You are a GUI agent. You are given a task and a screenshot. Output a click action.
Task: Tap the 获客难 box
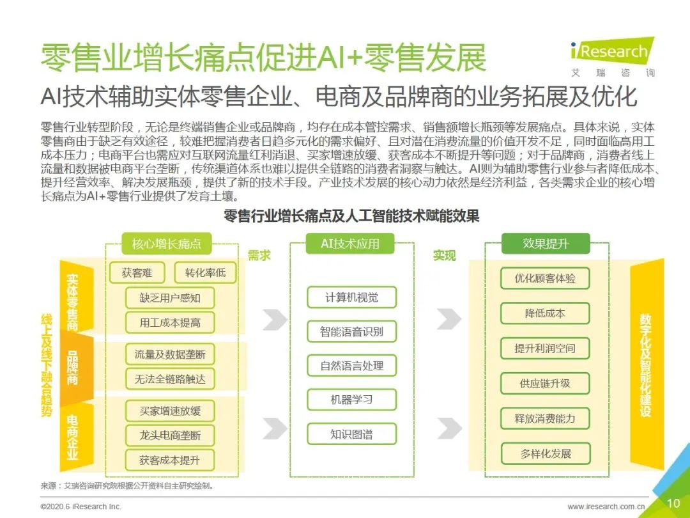(x=137, y=272)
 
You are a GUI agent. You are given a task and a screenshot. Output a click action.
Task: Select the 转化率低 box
(x=205, y=272)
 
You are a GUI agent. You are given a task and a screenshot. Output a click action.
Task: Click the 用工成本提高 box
(x=170, y=323)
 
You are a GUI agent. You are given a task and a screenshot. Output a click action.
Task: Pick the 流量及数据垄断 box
(x=170, y=354)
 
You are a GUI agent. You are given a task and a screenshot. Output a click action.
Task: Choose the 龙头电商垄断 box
(x=170, y=436)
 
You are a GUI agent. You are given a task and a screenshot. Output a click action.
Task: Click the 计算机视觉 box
(x=351, y=297)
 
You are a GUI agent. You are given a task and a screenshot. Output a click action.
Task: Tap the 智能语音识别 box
(x=351, y=332)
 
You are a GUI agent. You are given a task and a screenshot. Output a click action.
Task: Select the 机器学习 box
(x=351, y=400)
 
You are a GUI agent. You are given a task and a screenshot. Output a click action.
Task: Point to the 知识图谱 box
(x=351, y=434)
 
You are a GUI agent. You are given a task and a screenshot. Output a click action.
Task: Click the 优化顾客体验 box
(x=545, y=278)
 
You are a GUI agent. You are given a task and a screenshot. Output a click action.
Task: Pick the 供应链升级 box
(x=545, y=383)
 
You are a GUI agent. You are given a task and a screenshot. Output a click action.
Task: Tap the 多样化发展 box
(x=545, y=453)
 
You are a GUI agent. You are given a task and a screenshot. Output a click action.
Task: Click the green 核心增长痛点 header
(x=166, y=244)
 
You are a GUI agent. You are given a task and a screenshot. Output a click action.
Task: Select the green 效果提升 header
(x=546, y=244)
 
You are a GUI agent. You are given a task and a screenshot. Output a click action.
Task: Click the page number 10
(x=673, y=503)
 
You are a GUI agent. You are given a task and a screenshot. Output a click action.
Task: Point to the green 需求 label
(x=259, y=255)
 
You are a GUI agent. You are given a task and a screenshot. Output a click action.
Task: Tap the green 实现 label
(x=444, y=255)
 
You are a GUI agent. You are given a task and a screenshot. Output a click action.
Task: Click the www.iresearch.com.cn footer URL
(x=606, y=506)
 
